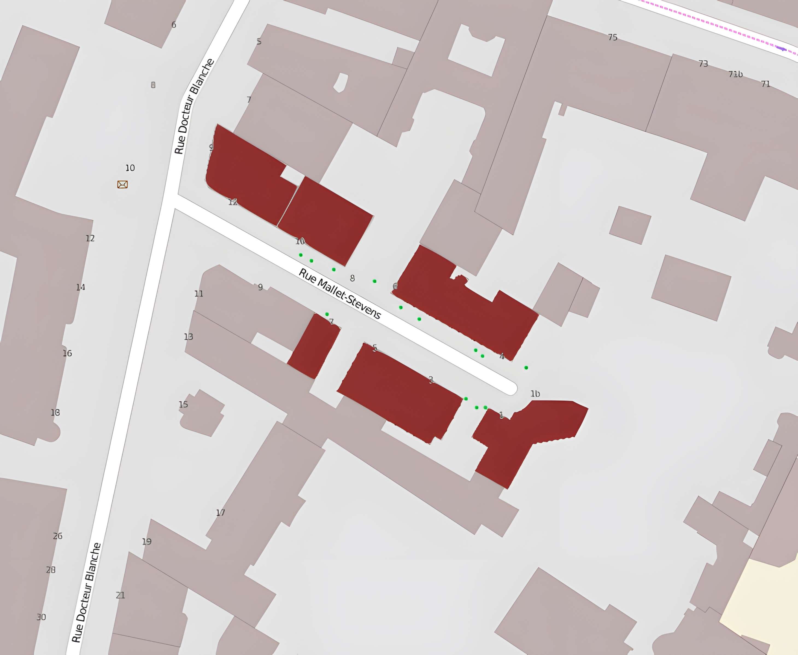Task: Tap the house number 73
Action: (703, 64)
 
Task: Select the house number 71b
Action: (735, 74)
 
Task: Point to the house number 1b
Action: (535, 394)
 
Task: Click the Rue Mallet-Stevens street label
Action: (340, 294)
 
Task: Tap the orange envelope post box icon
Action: (122, 185)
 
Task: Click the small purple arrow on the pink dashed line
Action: (781, 48)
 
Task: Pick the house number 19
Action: (147, 542)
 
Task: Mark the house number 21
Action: (120, 595)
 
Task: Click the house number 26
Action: (58, 536)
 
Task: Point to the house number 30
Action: (41, 617)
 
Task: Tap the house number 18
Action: (55, 413)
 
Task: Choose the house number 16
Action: (67, 353)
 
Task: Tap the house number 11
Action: (199, 294)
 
